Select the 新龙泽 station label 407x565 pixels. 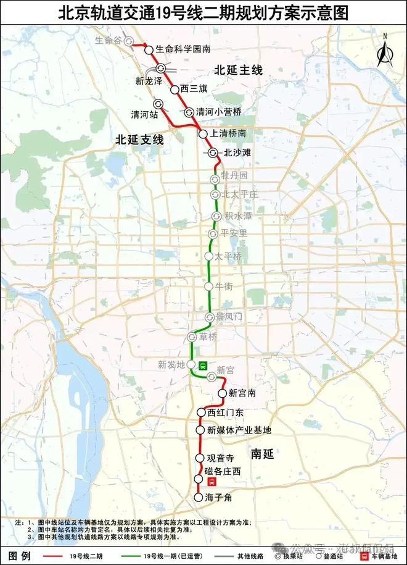(149, 80)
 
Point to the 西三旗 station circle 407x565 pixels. (175, 90)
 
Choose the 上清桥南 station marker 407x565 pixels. (202, 133)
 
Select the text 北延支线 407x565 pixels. (139, 140)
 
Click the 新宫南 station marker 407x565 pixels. (223, 393)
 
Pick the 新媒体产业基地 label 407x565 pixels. (239, 430)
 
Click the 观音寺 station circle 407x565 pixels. (200, 458)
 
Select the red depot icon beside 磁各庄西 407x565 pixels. (212, 483)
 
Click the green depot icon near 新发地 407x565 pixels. (203, 364)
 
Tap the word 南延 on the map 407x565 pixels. (262, 454)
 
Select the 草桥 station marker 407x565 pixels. (192, 337)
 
